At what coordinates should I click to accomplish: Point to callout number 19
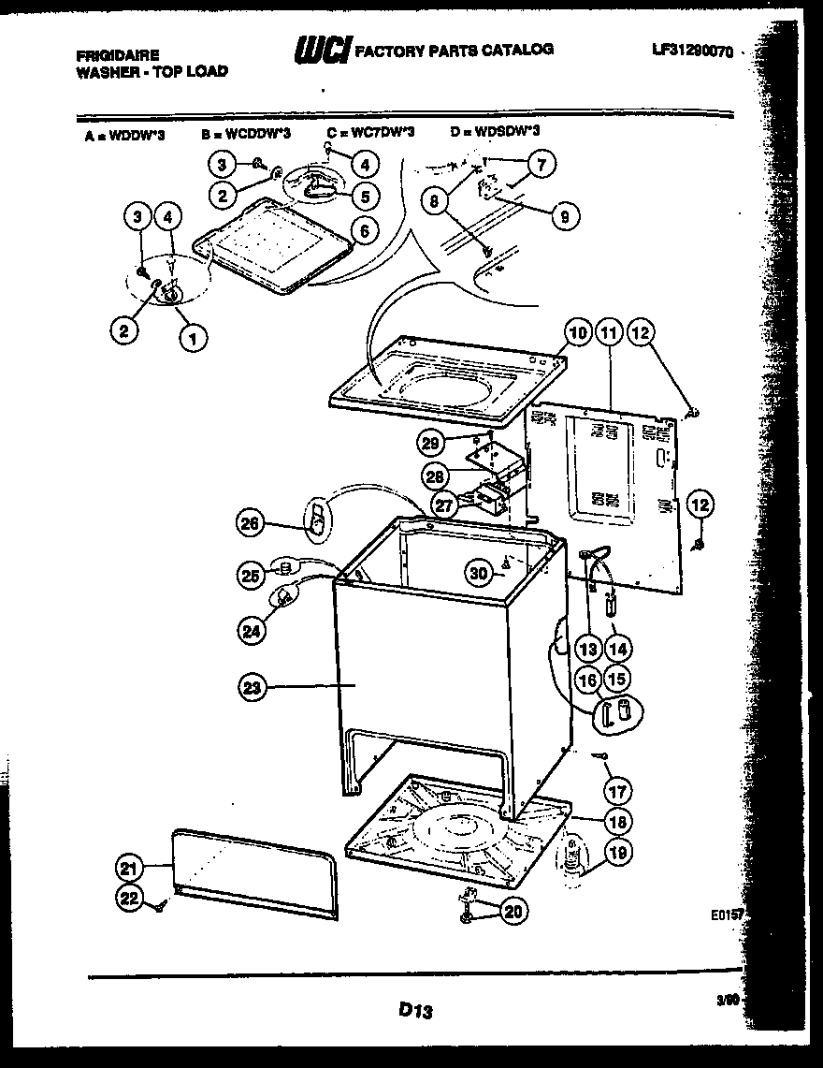pos(614,852)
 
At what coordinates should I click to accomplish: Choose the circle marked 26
pos(252,523)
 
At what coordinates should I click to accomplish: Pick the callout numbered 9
pos(564,217)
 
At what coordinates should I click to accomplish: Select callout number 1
pos(193,337)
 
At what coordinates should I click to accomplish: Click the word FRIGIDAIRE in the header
pos(117,55)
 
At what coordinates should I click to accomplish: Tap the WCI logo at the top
pos(321,51)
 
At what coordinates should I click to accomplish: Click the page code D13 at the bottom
pos(411,1010)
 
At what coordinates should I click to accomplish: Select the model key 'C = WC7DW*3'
pos(369,133)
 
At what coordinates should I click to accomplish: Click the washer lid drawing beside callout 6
pos(276,248)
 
